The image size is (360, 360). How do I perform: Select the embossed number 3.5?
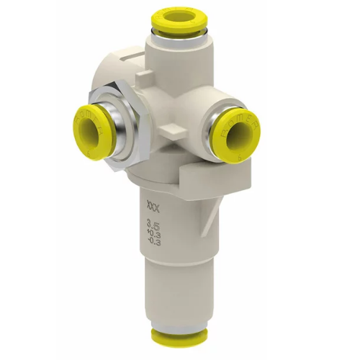(153, 227)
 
